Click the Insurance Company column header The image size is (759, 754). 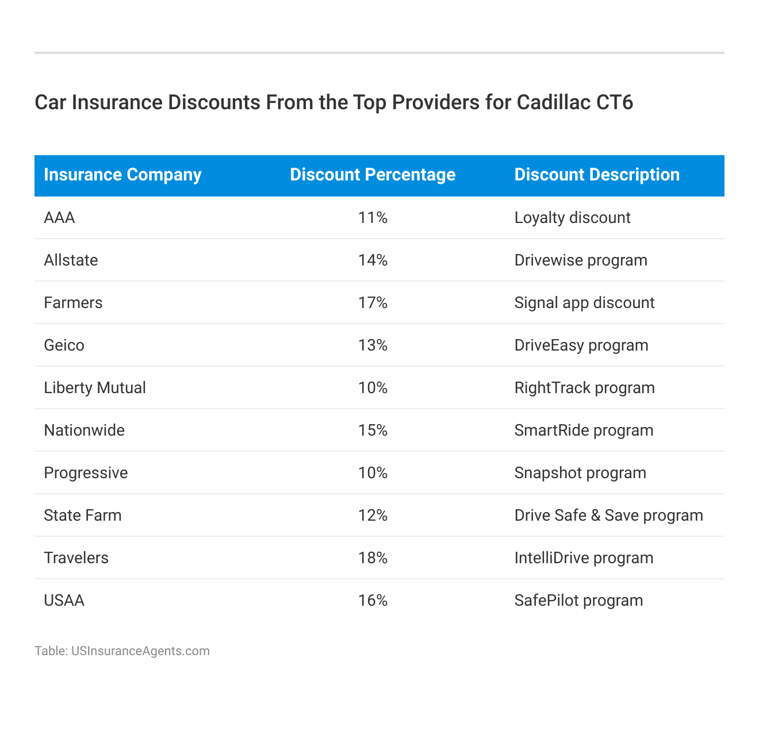[x=122, y=175]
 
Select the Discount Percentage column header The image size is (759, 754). [x=373, y=175]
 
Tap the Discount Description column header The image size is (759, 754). [x=597, y=175]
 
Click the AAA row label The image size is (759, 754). [x=59, y=218]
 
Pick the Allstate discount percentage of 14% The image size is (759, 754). [x=373, y=260]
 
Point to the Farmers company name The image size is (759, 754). [x=73, y=303]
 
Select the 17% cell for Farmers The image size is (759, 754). [x=373, y=303]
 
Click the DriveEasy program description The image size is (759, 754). [x=581, y=345]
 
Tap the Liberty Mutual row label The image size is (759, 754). [x=95, y=388]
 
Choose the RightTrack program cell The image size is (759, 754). [x=584, y=388]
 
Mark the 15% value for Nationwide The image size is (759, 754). [x=373, y=430]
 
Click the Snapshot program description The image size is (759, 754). [x=580, y=473]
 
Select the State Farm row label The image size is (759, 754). [x=83, y=516]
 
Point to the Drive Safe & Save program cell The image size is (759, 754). [x=608, y=516]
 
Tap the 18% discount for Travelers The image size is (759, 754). [x=373, y=558]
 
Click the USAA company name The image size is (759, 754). [x=64, y=601]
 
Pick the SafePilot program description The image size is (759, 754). [x=578, y=601]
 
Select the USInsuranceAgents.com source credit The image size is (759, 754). [x=140, y=651]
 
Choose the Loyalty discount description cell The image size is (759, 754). [x=572, y=218]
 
